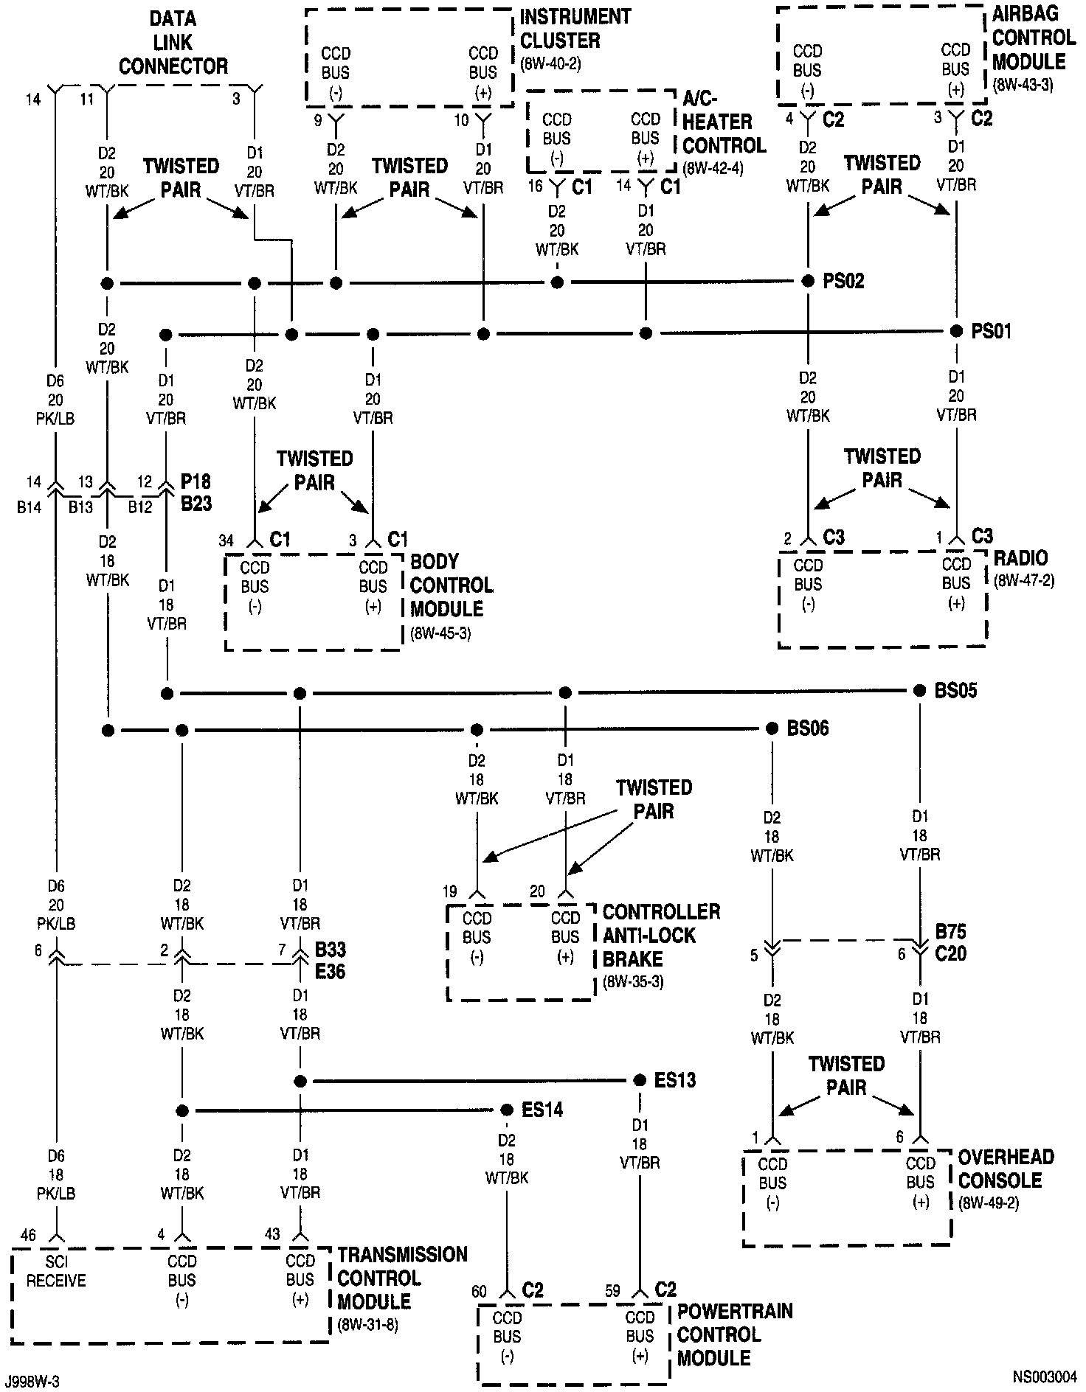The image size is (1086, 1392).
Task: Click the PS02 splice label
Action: click(x=843, y=281)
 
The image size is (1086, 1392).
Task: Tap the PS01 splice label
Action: click(x=991, y=331)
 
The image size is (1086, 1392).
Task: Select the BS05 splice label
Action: click(x=955, y=691)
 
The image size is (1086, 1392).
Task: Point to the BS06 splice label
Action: click(x=808, y=728)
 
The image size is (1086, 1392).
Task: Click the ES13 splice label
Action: click(x=675, y=1081)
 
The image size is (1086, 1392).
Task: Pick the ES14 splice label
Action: click(x=542, y=1110)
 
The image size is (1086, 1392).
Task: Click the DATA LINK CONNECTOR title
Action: click(x=173, y=43)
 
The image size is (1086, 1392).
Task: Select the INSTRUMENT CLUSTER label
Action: click(x=565, y=28)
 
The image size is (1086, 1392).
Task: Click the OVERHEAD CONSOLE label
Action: click(x=1006, y=1169)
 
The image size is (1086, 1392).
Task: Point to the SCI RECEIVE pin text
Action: click(x=56, y=1270)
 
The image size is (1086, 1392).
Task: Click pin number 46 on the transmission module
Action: click(x=28, y=1235)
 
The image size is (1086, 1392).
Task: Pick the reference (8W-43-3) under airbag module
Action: click(x=1023, y=85)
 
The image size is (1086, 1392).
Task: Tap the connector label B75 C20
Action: click(x=950, y=942)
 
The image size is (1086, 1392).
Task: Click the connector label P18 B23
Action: click(x=196, y=494)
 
